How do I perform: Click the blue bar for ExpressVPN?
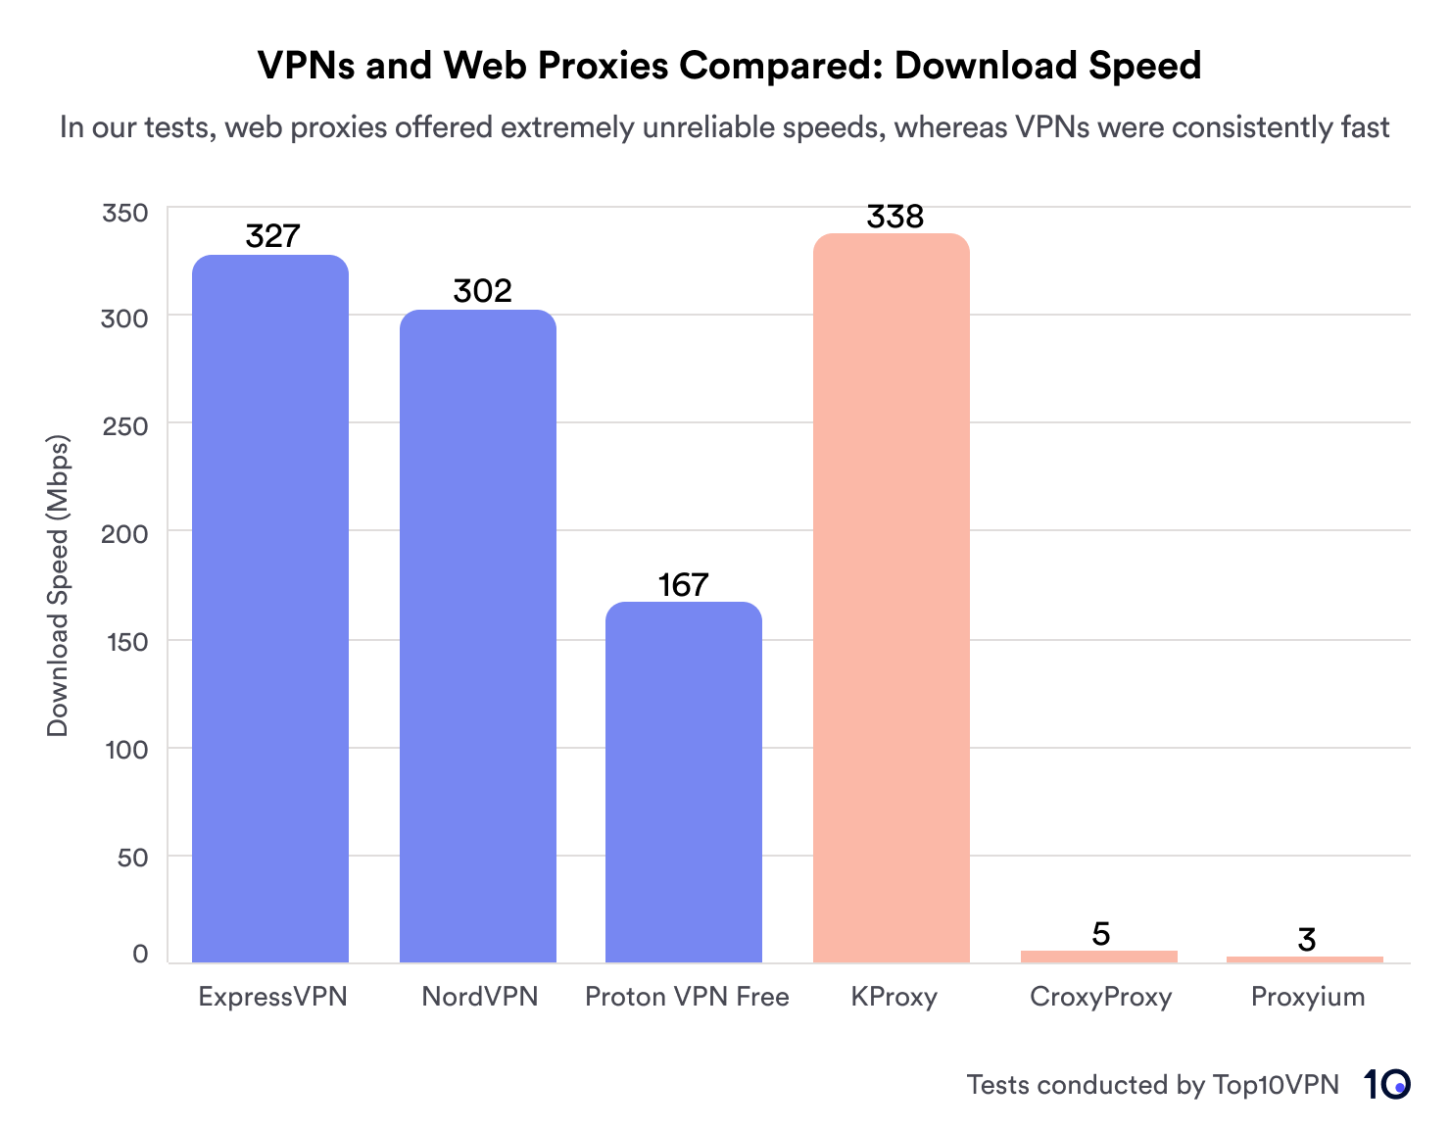click(x=270, y=608)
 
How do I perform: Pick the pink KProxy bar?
click(x=892, y=598)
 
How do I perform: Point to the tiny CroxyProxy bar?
click(x=1099, y=957)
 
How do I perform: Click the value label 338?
click(x=895, y=217)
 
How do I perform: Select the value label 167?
click(x=683, y=585)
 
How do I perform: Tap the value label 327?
click(x=272, y=236)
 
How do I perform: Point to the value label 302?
click(x=482, y=291)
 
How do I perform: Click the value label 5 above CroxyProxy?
click(x=1101, y=934)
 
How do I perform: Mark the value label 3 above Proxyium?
click(x=1306, y=940)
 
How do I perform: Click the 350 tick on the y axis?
click(x=125, y=213)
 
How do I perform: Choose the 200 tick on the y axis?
click(x=125, y=534)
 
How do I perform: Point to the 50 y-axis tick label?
click(x=132, y=858)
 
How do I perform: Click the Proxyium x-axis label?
click(x=1308, y=997)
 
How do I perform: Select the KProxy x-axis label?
click(x=894, y=997)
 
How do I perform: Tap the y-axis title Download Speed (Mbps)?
click(x=58, y=585)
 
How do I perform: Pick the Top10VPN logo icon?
click(x=1386, y=1084)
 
